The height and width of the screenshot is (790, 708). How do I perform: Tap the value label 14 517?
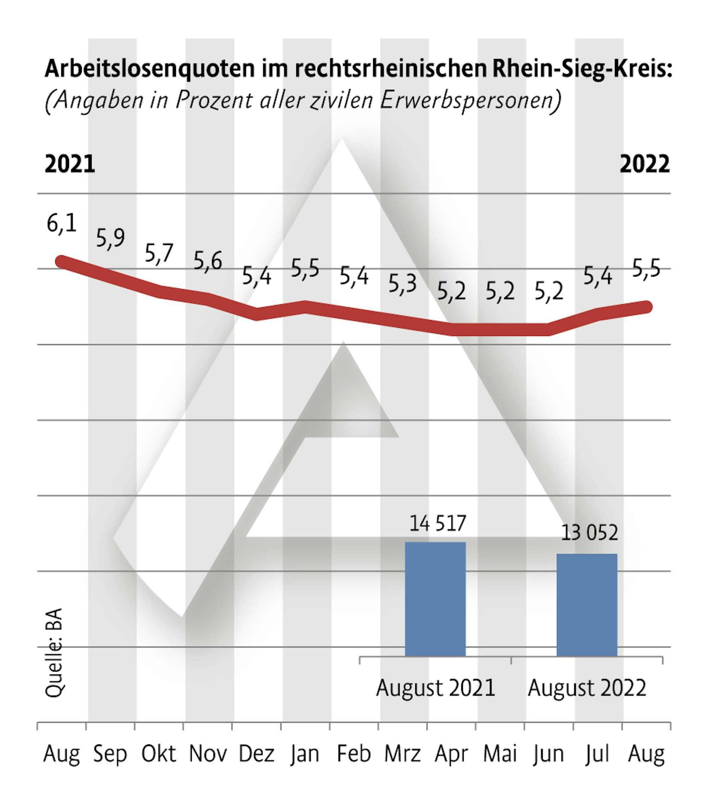tap(437, 523)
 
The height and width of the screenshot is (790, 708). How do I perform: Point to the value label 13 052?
tap(589, 533)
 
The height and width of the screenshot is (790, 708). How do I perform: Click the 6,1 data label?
tap(62, 223)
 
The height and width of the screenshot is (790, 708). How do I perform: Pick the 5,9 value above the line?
tap(110, 238)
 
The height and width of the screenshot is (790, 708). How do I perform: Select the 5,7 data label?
tap(159, 253)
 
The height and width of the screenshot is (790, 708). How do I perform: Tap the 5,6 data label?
tap(208, 261)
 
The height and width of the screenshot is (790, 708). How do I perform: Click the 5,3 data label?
tap(402, 284)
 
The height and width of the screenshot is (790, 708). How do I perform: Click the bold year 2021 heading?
tap(70, 164)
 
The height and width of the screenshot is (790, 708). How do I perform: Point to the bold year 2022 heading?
tap(645, 164)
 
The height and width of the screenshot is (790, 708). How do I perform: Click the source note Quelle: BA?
tap(54, 653)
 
